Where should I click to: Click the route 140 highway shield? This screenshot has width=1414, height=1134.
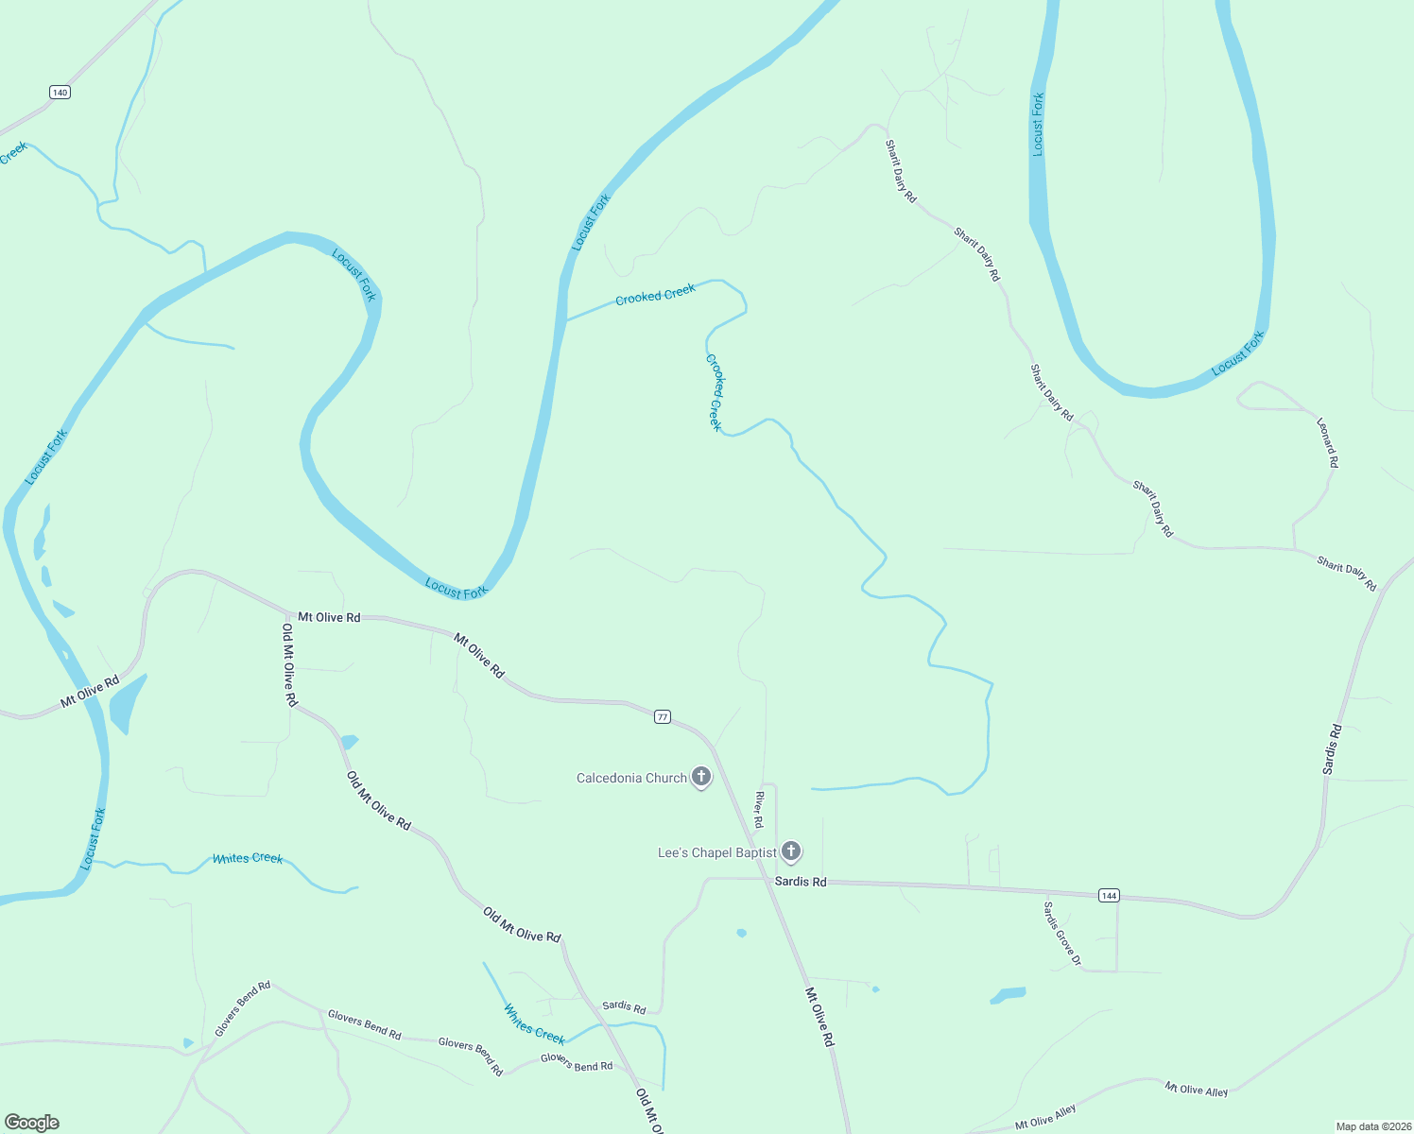[60, 92]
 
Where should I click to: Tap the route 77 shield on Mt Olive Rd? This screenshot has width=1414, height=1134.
[663, 717]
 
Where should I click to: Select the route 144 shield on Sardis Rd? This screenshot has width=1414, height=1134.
[1109, 895]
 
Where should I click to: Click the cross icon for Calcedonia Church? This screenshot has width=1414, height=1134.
[701, 777]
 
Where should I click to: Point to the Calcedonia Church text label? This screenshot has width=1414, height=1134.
[631, 779]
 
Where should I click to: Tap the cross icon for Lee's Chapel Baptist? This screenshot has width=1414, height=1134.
[791, 851]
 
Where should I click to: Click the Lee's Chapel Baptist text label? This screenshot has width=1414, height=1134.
[716, 853]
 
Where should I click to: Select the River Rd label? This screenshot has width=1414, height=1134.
[758, 810]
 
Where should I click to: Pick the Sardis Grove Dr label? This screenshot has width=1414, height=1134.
[1062, 935]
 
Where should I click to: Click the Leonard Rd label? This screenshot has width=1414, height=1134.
[1328, 441]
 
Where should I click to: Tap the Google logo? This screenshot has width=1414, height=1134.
[31, 1123]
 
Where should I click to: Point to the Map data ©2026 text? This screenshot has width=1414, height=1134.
[1372, 1126]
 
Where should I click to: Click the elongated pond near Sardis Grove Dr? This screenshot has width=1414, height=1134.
[1008, 995]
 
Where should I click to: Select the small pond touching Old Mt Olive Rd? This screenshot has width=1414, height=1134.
[349, 741]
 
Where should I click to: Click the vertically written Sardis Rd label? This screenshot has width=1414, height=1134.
[1332, 749]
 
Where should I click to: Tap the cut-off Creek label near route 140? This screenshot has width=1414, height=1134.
[13, 153]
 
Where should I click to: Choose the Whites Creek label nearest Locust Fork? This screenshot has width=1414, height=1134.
[248, 858]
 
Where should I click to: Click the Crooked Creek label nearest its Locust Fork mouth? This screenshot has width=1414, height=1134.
[655, 295]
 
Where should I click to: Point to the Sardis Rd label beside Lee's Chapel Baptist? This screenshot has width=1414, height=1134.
[801, 882]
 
